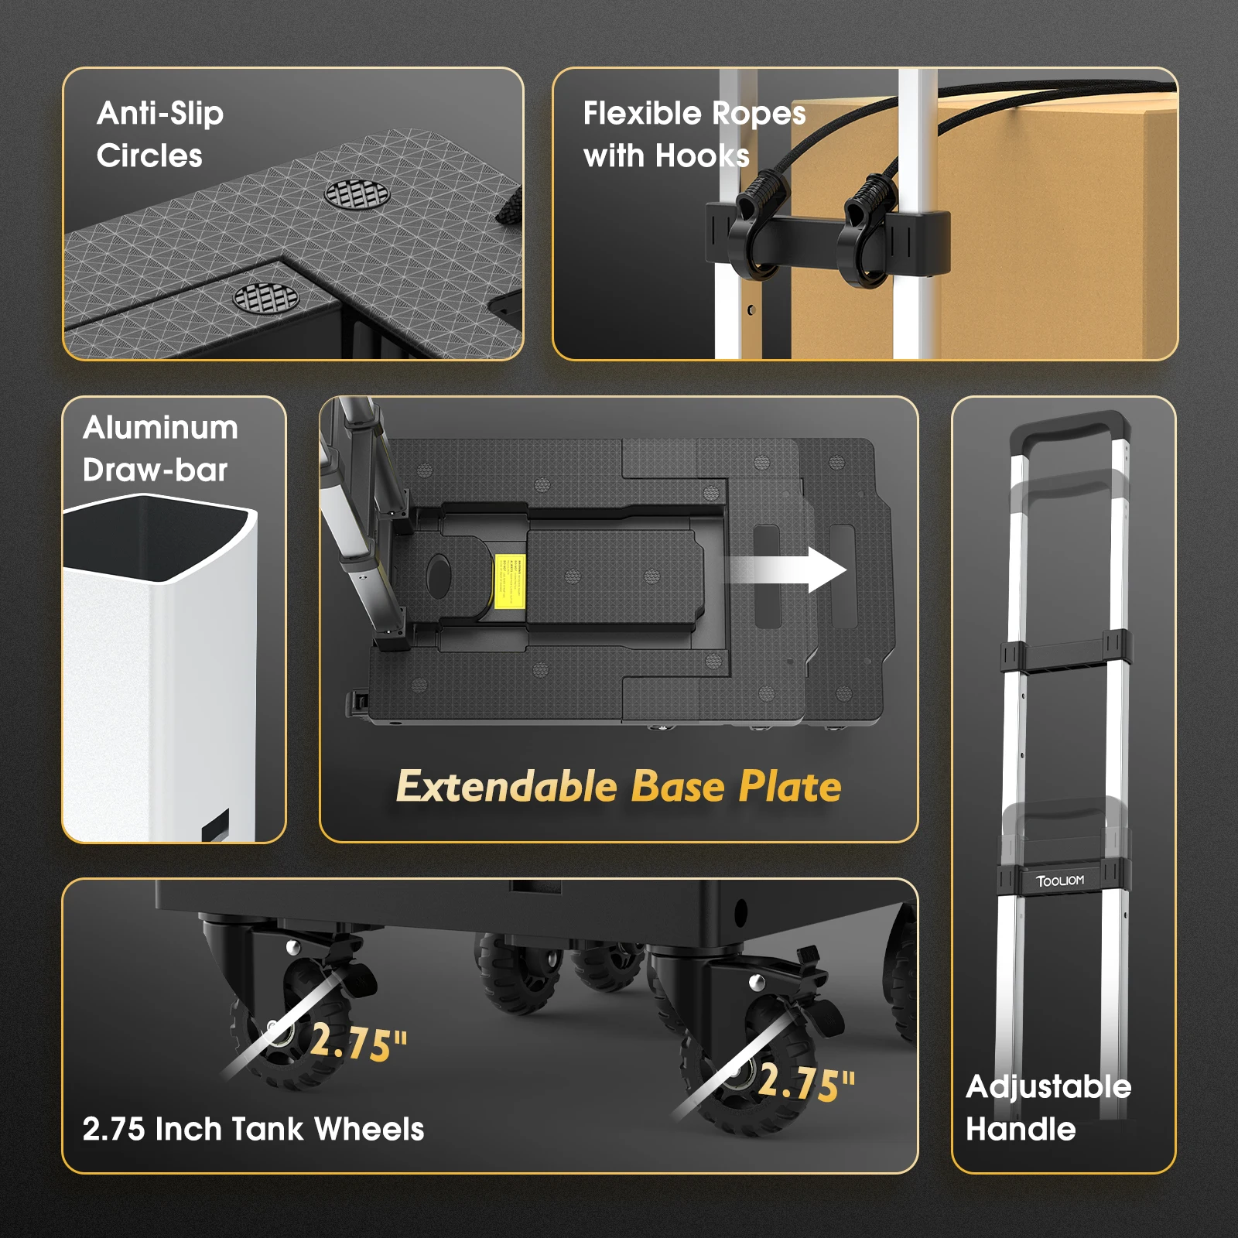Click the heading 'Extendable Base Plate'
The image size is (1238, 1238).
pos(618,786)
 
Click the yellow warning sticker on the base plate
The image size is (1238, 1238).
pos(510,580)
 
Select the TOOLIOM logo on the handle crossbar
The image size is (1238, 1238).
pos(1060,881)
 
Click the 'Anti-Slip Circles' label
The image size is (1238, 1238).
pos(160,135)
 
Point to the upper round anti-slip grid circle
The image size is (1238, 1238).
pos(357,194)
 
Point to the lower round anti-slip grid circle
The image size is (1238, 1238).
pos(265,297)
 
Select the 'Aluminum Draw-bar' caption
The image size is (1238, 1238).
pos(160,449)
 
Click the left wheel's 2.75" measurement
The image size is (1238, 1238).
pos(358,1041)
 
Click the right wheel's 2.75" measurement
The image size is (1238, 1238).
pos(806,1082)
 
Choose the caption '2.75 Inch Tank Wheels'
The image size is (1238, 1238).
pos(253,1129)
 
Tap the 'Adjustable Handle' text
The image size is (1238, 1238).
pos(1048,1108)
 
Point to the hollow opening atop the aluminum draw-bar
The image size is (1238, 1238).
pos(155,538)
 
